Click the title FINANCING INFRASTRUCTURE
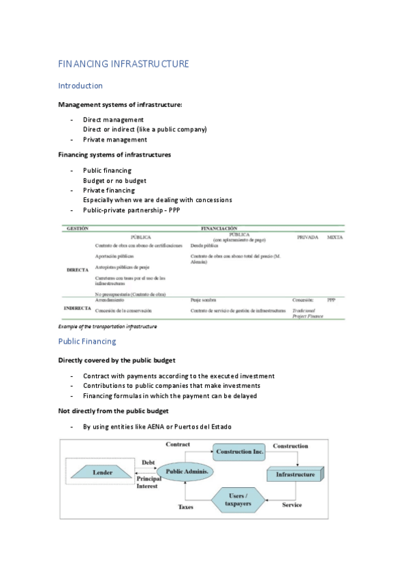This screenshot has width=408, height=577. pos(123,64)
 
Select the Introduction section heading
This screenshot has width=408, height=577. pos(80,86)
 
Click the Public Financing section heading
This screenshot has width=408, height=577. pos(87,341)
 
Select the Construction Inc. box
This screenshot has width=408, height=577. pos(239,451)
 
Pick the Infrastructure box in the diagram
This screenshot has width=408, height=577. pos(291,474)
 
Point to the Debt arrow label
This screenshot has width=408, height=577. pos(148,463)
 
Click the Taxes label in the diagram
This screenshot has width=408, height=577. pos(186,507)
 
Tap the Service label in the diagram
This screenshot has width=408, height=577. pos(292,505)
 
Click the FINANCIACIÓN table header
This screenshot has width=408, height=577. pos(219,229)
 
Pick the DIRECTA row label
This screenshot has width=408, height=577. pos(78,270)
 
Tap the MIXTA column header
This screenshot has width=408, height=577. pos(334,237)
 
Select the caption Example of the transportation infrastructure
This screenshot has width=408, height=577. pos(108,327)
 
